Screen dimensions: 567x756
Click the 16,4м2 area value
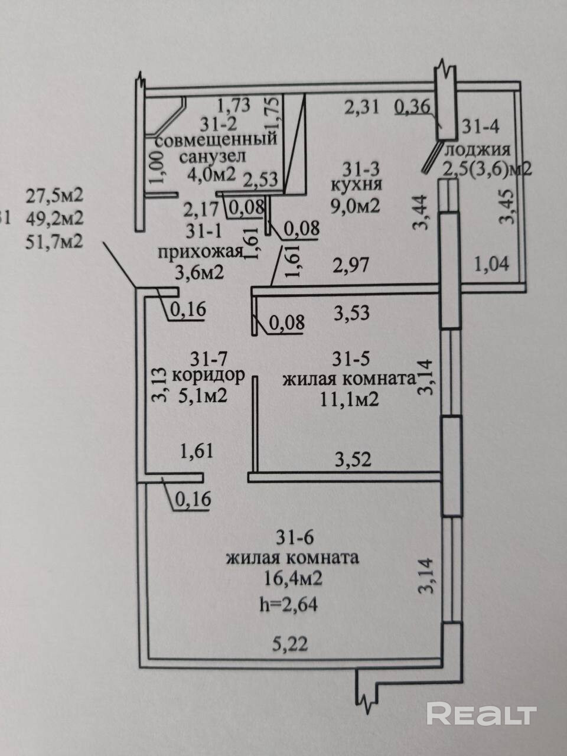(293, 579)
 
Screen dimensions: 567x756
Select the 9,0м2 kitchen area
(354, 206)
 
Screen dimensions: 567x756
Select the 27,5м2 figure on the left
(54, 195)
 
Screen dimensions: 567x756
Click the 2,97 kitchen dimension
(351, 265)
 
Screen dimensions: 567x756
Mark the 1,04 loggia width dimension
(491, 263)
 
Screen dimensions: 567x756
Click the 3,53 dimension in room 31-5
(352, 312)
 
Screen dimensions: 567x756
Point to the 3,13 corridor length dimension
(158, 384)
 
